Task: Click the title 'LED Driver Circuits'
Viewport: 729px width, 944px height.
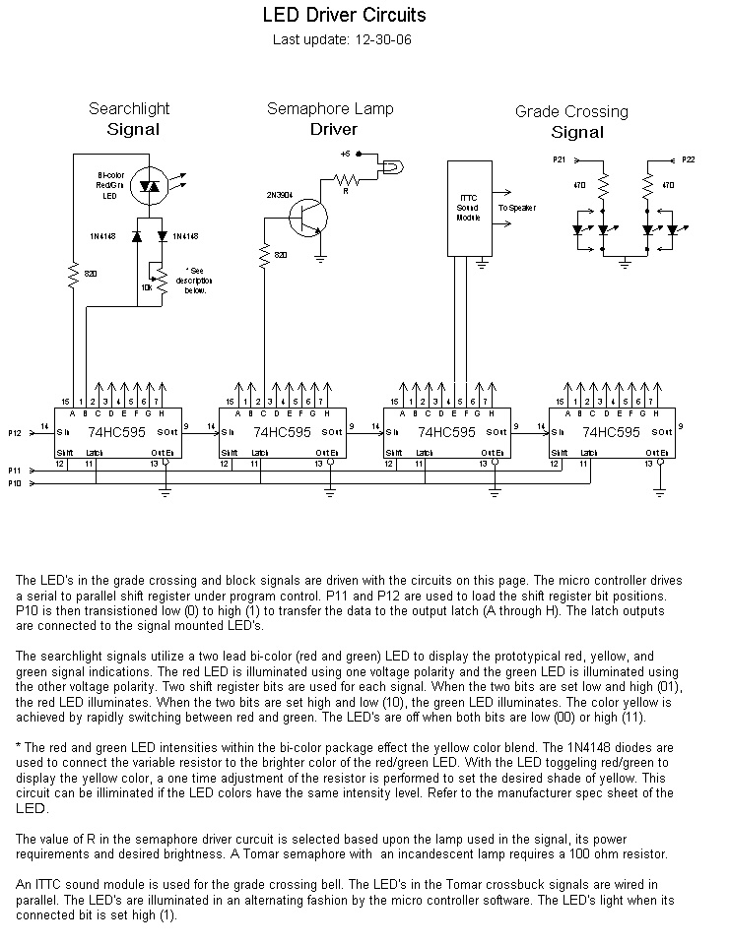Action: pyautogui.click(x=344, y=16)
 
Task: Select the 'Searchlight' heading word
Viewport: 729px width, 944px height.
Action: pyautogui.click(x=129, y=108)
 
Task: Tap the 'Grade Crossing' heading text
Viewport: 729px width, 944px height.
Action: pyautogui.click(x=571, y=111)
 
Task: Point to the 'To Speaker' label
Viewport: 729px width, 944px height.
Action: pyautogui.click(x=518, y=209)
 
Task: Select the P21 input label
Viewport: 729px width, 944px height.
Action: pyautogui.click(x=559, y=158)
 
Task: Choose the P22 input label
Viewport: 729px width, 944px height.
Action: pyautogui.click(x=688, y=158)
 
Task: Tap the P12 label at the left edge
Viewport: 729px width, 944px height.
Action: pyautogui.click(x=15, y=432)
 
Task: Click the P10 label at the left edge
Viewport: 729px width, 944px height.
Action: pyautogui.click(x=15, y=483)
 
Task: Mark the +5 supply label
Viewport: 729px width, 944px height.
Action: pyautogui.click(x=345, y=154)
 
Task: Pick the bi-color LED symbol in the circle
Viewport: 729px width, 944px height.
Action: pyautogui.click(x=151, y=185)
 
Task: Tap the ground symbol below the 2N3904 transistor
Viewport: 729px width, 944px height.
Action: pyautogui.click(x=321, y=258)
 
